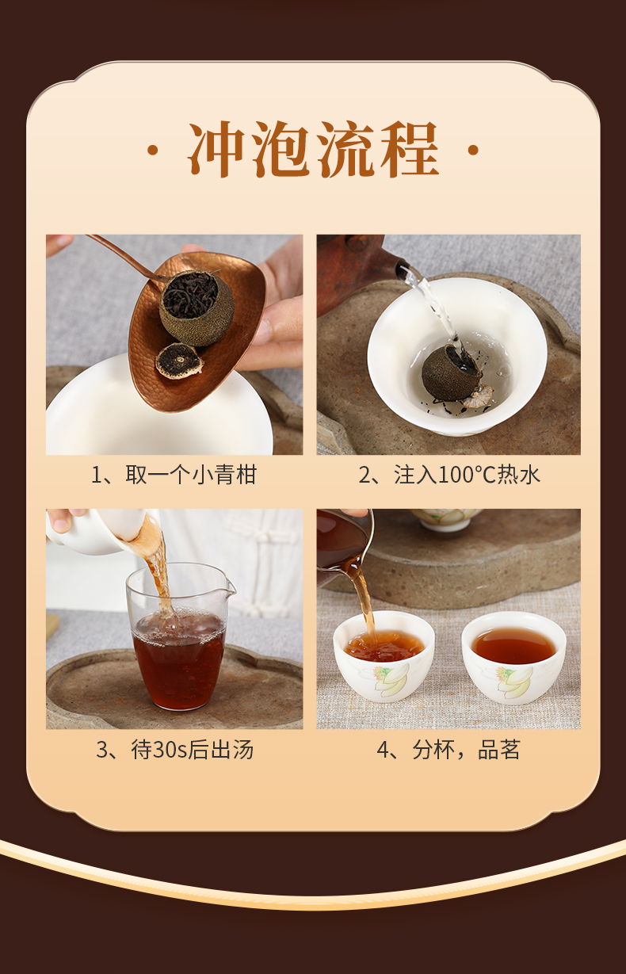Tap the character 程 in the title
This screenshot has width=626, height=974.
pyautogui.click(x=409, y=149)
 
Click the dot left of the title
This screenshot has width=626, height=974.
pyautogui.click(x=153, y=151)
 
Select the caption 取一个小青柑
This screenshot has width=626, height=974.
pyautogui.click(x=192, y=475)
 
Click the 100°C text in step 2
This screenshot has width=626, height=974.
pyautogui.click(x=467, y=475)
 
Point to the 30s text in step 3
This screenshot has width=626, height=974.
pyautogui.click(x=170, y=750)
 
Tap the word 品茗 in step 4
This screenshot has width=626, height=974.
pyautogui.click(x=498, y=750)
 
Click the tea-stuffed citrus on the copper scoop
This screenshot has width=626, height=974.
pyautogui.click(x=197, y=307)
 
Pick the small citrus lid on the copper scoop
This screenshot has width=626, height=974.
pyautogui.click(x=179, y=361)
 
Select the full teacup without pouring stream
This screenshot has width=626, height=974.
pyautogui.click(x=513, y=656)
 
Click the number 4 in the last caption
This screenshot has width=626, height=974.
pyautogui.click(x=383, y=750)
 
